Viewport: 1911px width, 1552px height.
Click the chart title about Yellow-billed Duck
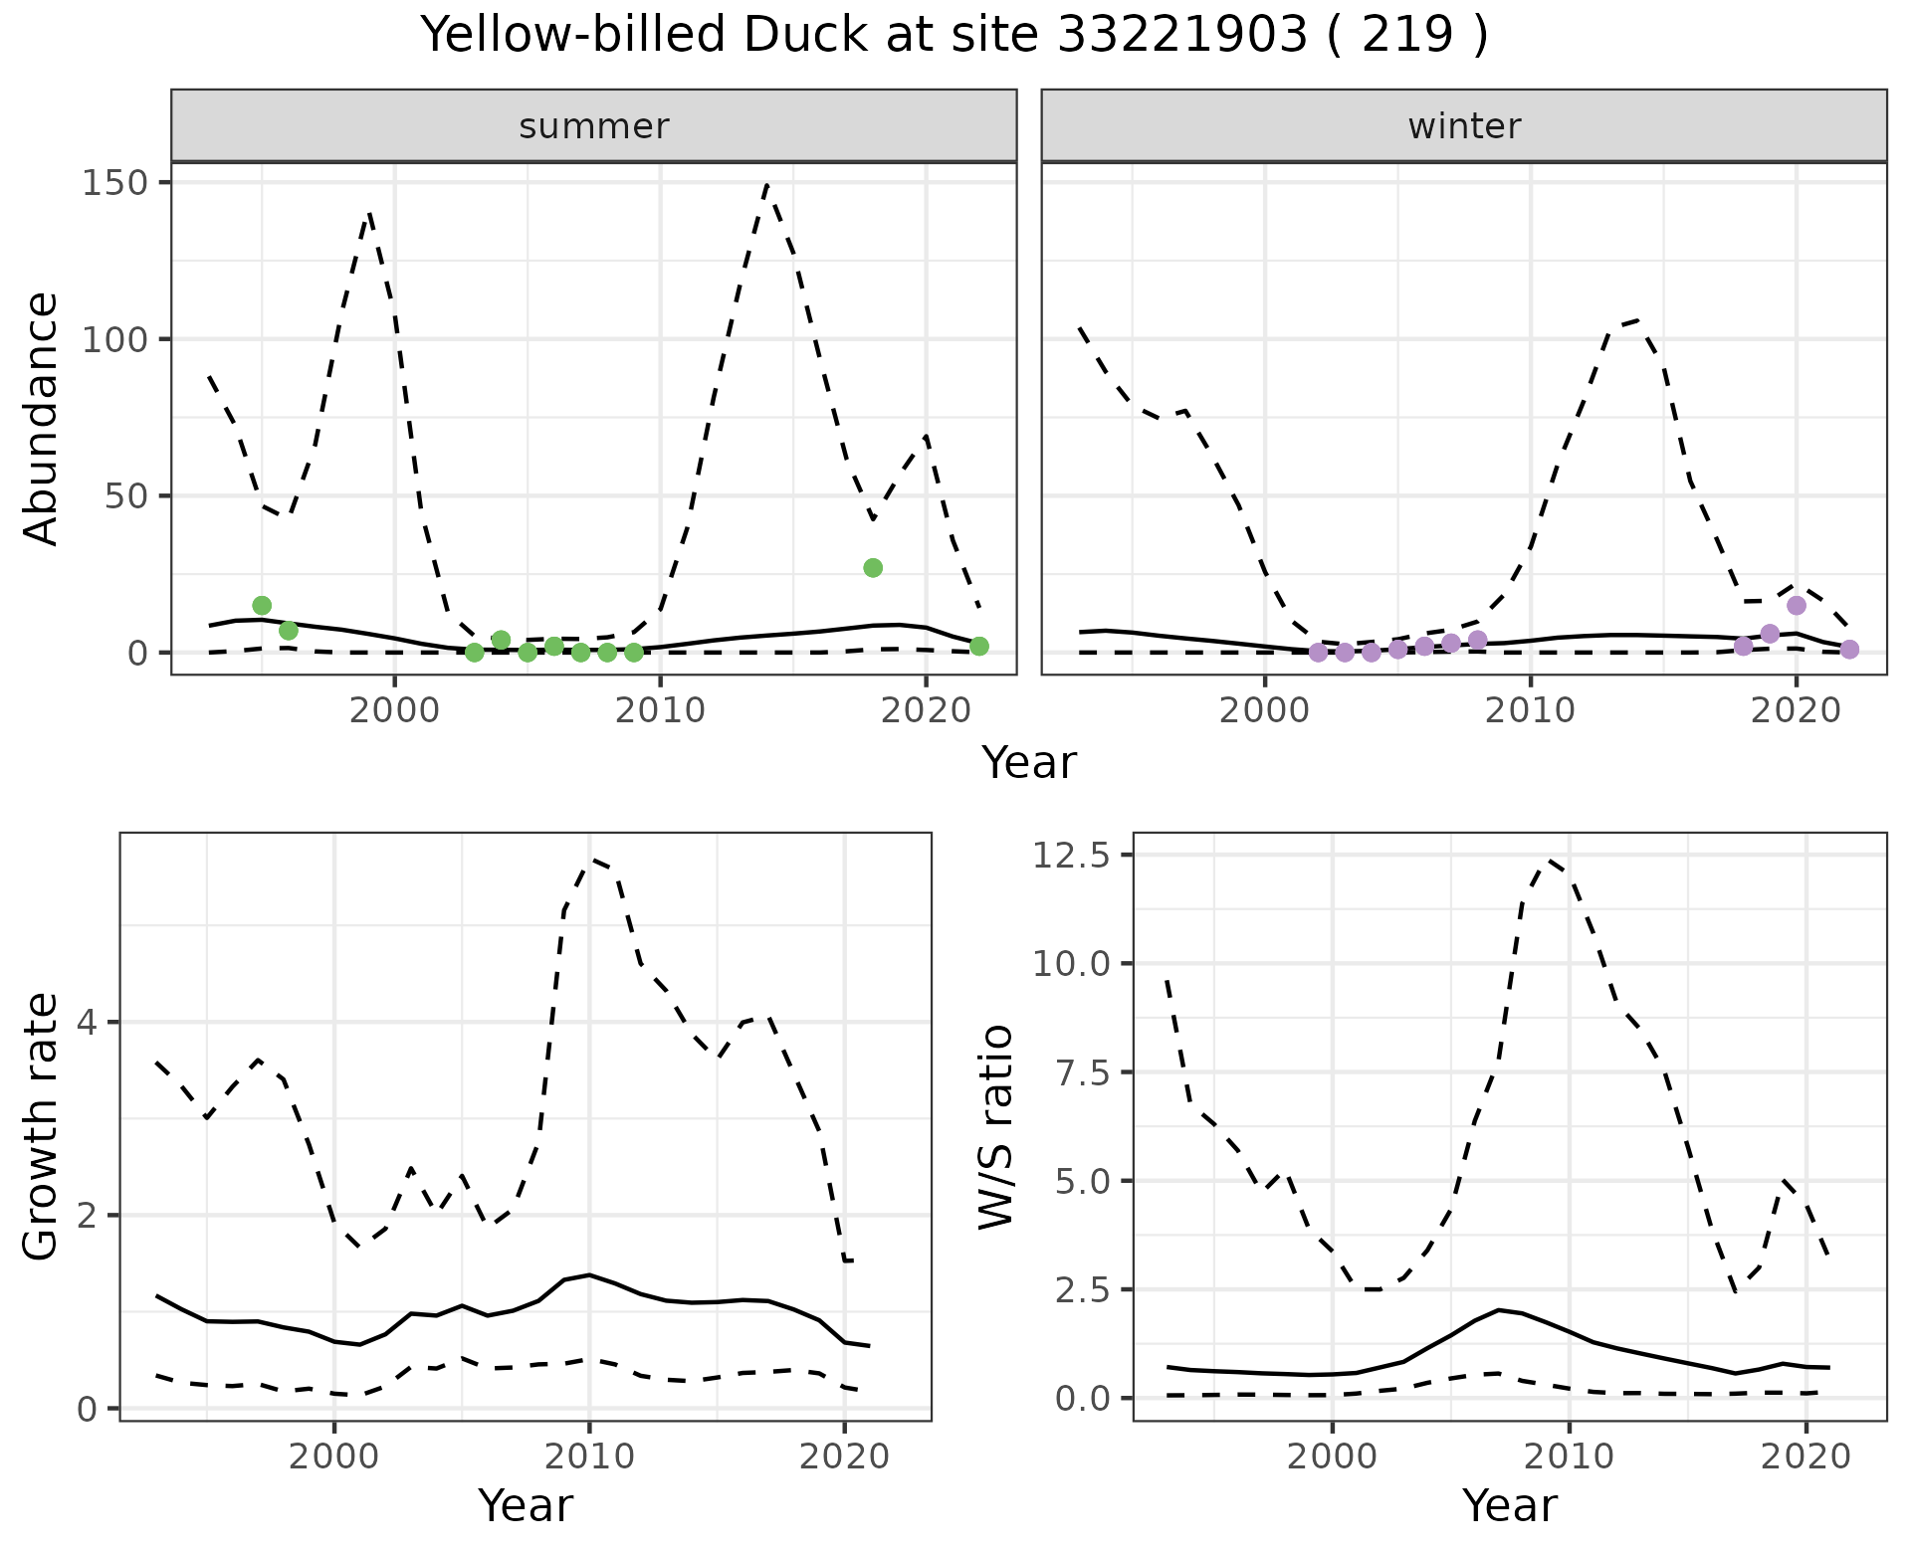tap(955, 36)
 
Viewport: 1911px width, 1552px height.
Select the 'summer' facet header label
tap(593, 126)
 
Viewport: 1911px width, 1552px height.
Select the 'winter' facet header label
tap(1463, 126)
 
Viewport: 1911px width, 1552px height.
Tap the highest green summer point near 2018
tap(873, 568)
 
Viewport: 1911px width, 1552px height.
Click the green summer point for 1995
tap(262, 606)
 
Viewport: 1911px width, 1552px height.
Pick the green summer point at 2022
tap(979, 647)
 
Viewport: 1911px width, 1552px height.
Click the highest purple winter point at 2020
tap(1797, 606)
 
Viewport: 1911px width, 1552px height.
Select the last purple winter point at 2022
tap(1849, 650)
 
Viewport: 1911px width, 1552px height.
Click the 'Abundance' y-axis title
tap(42, 419)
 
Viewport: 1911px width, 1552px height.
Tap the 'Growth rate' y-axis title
tap(42, 1127)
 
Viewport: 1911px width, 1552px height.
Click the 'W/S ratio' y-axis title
tap(995, 1127)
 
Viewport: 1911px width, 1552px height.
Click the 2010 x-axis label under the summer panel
tap(659, 710)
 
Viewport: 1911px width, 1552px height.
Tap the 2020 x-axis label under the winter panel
tap(1797, 710)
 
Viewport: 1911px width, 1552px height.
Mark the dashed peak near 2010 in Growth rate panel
tap(592, 860)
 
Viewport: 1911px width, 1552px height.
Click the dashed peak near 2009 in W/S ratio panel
tap(1551, 860)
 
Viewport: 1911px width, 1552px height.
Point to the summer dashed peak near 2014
tap(766, 185)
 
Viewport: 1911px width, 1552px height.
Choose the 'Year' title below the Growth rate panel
tap(526, 1505)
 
